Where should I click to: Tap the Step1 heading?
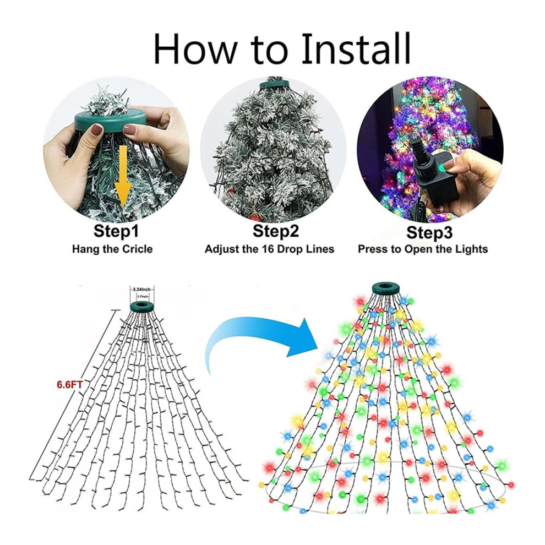(x=116, y=231)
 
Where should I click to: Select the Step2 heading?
(x=276, y=231)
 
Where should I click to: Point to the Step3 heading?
(x=429, y=232)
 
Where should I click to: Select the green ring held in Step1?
(x=110, y=121)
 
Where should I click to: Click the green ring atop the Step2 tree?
(x=275, y=84)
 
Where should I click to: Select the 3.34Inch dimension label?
(x=142, y=289)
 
